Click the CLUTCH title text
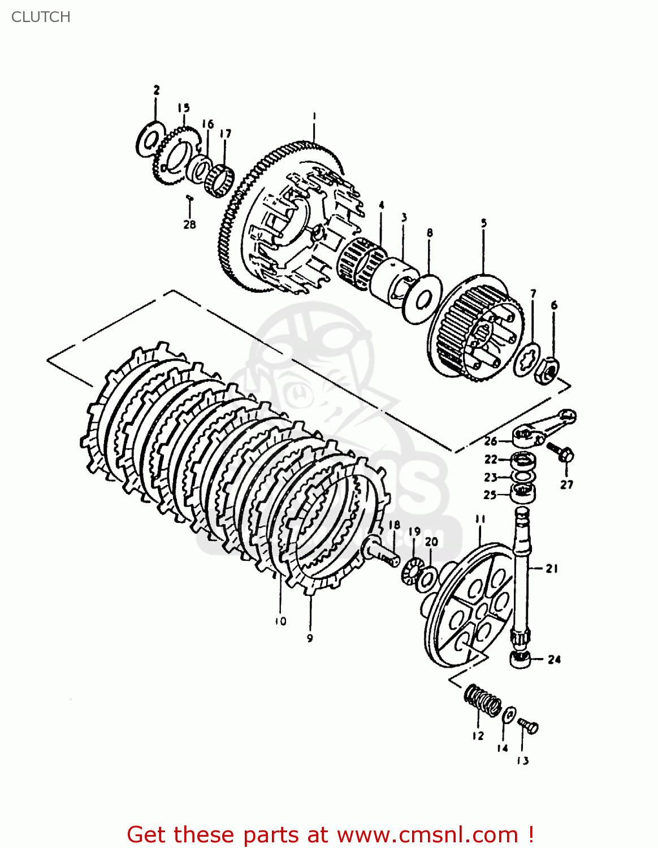41,17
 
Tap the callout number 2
157,90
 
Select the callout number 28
189,224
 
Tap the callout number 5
484,223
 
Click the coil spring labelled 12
483,700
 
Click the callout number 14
503,748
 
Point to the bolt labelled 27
561,453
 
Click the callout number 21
552,569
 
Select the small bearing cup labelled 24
520,659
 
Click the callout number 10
281,621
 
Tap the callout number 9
310,638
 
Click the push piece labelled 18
382,552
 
